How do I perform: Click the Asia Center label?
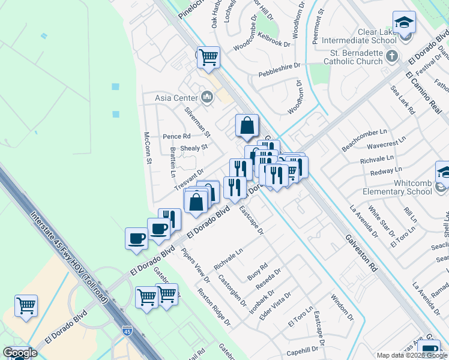[x=176, y=98]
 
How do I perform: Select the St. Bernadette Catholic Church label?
[x=354, y=56]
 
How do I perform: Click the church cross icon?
[x=392, y=57]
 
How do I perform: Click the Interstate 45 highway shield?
[x=127, y=331]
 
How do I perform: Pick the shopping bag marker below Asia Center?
[x=247, y=126]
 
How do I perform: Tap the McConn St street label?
[x=148, y=148]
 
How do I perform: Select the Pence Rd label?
[x=176, y=136]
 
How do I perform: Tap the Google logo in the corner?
[x=20, y=353]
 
